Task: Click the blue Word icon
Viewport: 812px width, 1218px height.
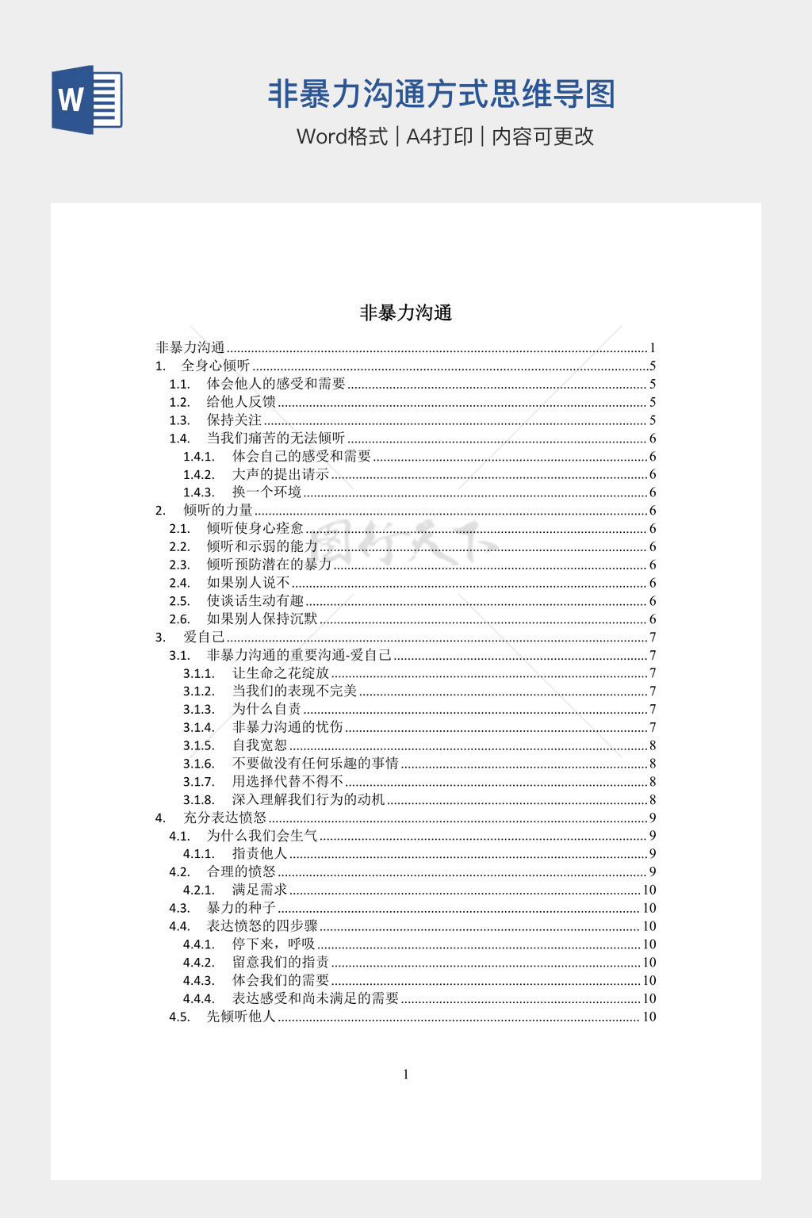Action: pos(87,99)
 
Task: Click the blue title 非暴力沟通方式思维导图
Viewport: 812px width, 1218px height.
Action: pos(441,94)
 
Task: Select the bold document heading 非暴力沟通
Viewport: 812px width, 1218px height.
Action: pos(405,313)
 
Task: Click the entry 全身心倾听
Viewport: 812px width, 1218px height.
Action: pos(216,366)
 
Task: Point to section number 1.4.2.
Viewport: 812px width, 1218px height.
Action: pos(199,474)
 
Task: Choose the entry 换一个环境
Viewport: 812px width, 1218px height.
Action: pos(266,492)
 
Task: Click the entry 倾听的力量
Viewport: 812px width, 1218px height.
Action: pos(218,511)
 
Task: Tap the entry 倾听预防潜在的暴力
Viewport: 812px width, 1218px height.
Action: pos(269,565)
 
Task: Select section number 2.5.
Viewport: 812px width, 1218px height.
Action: pos(180,601)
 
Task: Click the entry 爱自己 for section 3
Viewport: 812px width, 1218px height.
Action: pos(204,637)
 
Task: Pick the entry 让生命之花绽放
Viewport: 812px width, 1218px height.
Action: pos(280,673)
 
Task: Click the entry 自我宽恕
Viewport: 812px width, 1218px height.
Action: pos(259,745)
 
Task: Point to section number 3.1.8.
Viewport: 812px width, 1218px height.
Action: pos(199,799)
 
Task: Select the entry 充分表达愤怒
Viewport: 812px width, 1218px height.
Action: pos(225,818)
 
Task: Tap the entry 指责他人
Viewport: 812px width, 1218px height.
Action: pos(259,853)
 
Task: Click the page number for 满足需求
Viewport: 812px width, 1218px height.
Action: pos(649,890)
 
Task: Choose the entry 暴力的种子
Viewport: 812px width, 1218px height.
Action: pos(241,908)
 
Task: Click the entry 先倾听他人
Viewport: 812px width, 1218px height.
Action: pos(241,1017)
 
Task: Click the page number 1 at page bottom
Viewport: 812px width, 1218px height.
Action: pos(406,1074)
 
